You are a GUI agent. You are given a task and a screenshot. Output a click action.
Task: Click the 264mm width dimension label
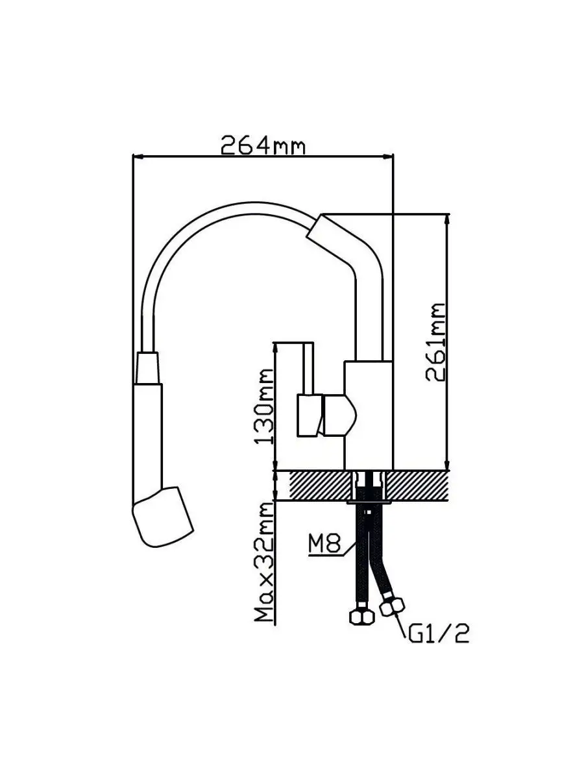262,145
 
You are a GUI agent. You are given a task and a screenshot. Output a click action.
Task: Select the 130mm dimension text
265,406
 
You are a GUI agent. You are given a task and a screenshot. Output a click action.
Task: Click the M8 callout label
324,544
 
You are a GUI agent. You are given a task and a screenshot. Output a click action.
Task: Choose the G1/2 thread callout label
439,633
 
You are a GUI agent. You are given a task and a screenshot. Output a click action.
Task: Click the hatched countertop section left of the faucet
318,486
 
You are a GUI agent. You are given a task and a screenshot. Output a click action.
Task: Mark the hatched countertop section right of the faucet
419,486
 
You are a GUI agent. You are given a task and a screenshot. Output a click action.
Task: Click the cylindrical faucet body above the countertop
368,415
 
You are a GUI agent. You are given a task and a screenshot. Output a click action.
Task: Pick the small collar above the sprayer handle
147,368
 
